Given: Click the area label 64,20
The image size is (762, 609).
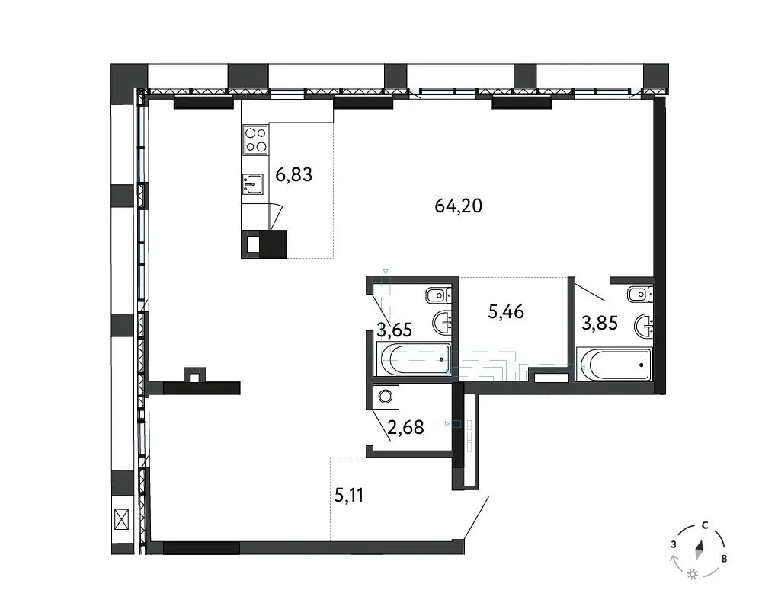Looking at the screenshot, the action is (x=458, y=206).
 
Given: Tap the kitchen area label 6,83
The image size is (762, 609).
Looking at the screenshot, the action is (x=293, y=174).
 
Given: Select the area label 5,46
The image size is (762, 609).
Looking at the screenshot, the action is (x=506, y=312).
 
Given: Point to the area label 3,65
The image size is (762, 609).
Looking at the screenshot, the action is (x=395, y=330).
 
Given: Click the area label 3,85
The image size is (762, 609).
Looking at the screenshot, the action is (x=600, y=323).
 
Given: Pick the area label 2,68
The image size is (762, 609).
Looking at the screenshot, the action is (x=406, y=427).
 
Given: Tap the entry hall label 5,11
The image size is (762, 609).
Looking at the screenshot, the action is (x=349, y=496).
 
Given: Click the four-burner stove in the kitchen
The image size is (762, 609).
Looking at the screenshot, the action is (x=255, y=140).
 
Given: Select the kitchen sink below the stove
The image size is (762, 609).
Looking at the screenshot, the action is (x=253, y=184).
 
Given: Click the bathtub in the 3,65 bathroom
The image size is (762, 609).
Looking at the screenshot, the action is (x=414, y=359).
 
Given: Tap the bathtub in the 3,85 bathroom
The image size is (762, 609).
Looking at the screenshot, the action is (x=613, y=365).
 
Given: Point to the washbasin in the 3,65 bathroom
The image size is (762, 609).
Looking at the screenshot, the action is (x=442, y=320).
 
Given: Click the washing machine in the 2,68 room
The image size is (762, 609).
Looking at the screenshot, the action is (x=386, y=397).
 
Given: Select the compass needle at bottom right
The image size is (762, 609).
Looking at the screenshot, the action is (x=700, y=550).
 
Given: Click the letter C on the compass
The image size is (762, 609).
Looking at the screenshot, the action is (x=704, y=525).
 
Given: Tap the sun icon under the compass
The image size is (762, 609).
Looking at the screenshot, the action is (x=693, y=575).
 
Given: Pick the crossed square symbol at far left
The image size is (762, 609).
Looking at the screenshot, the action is (x=121, y=519).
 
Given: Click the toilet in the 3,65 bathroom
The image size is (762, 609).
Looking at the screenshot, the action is (x=438, y=295).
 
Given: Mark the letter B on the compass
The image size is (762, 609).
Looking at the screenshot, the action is (x=724, y=559).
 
